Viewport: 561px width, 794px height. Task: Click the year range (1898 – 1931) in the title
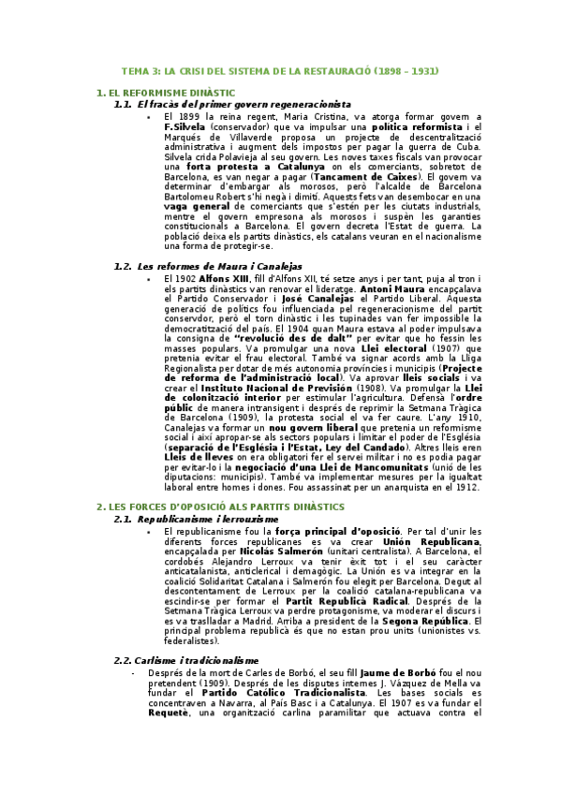click(x=406, y=71)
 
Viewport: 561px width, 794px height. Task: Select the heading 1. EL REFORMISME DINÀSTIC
click(x=166, y=94)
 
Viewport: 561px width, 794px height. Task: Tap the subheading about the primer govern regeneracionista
click(x=244, y=104)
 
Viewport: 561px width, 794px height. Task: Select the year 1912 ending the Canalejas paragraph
click(x=467, y=487)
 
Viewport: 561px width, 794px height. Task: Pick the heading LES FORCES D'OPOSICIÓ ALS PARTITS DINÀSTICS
click(x=220, y=507)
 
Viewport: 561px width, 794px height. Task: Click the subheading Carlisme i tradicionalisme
click(x=199, y=660)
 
